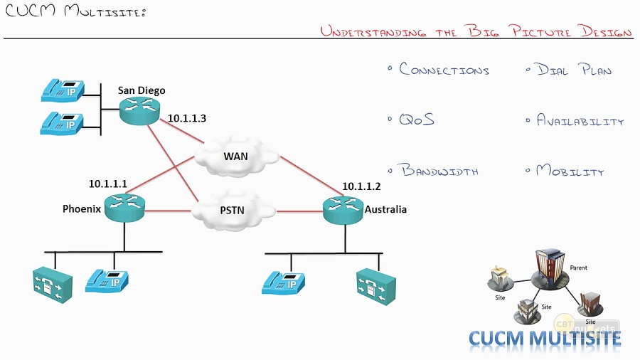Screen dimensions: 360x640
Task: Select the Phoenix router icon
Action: point(124,207)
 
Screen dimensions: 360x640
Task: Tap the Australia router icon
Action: point(342,208)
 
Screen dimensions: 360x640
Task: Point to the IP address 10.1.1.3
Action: point(187,118)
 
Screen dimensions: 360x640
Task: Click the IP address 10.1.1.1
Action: point(108,184)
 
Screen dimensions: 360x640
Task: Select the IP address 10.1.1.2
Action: point(361,186)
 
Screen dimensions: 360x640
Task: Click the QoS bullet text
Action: point(416,120)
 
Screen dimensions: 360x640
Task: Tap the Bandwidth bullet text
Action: point(437,171)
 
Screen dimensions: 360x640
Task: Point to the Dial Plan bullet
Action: point(573,70)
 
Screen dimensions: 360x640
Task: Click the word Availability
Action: point(580,121)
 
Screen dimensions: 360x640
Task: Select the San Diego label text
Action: point(142,90)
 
